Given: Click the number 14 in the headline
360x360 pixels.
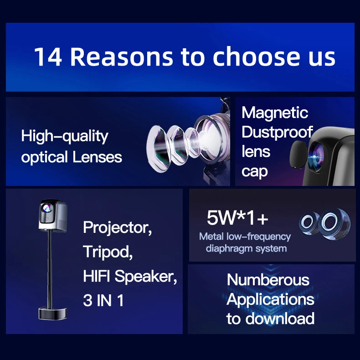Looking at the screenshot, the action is (48, 57).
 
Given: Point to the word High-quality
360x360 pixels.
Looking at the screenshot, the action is (65, 137).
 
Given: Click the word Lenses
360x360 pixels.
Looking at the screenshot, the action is (97, 157).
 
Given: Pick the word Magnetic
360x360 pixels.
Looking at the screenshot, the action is (275, 113).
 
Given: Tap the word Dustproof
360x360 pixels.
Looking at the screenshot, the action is (277, 133).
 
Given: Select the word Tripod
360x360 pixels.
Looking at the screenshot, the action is (108, 252).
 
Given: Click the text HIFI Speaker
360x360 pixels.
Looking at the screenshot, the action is (130, 276).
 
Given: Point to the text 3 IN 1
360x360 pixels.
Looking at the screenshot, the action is (103, 300).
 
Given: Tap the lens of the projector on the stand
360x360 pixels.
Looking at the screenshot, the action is (47, 208).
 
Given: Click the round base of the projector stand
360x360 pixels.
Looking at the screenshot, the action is (52, 314).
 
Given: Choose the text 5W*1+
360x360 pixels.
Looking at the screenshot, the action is (237, 218).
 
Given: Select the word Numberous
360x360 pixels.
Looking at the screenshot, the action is (268, 280).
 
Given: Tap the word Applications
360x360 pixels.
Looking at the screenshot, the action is (270, 299).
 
